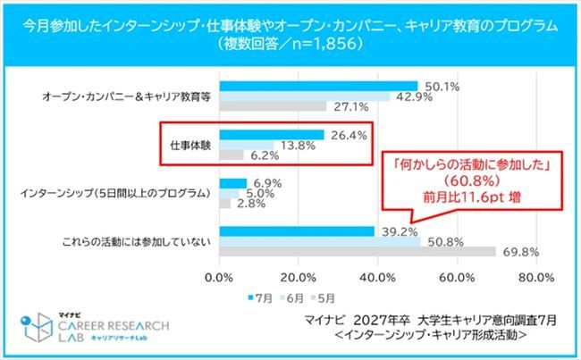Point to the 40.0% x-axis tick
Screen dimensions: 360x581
(377, 277)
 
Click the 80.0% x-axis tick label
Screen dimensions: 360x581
(536, 277)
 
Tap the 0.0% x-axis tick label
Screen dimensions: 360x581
(220, 277)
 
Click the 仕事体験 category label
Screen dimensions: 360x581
(189, 144)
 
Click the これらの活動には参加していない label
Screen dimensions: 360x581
(139, 240)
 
